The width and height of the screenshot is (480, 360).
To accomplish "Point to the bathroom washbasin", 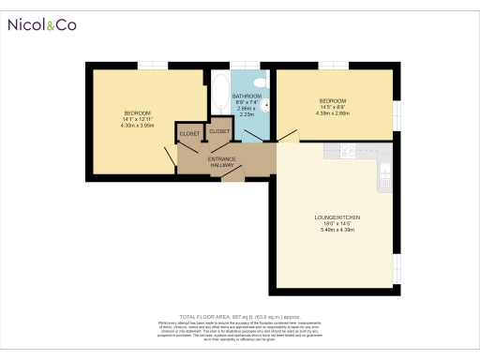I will (265, 106).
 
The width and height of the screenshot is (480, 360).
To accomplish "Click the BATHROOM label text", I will (247, 95).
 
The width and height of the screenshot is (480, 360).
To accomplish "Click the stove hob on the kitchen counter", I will (347, 149).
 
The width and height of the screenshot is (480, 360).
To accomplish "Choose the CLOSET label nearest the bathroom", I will (220, 131).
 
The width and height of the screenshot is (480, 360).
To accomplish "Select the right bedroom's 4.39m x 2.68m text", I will (333, 113).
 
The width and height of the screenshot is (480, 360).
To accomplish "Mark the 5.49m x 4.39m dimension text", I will (337, 230).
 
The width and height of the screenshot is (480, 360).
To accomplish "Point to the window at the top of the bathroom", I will (247, 65).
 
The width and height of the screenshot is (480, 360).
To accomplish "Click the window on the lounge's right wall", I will (396, 267).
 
